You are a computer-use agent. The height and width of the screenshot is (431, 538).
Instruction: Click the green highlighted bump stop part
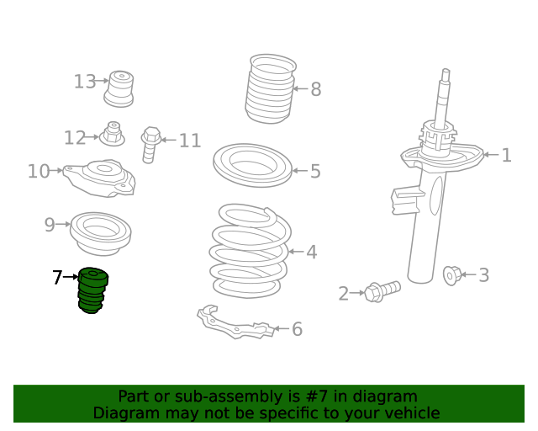tap(92, 290)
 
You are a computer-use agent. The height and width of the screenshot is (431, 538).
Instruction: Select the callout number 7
tap(57, 277)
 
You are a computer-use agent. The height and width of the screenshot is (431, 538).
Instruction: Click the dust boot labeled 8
tap(271, 88)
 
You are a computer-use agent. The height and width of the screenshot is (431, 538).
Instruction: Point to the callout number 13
tap(85, 82)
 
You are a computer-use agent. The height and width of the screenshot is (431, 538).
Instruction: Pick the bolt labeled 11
tap(150, 145)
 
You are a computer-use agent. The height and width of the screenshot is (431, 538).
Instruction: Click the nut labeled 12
tap(112, 134)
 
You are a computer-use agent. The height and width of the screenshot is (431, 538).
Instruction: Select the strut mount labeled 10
tap(99, 178)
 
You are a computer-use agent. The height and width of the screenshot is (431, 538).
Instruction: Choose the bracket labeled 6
tap(236, 322)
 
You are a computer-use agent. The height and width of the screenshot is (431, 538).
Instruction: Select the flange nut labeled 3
tap(451, 275)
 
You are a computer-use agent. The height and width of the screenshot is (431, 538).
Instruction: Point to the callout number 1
tap(506, 156)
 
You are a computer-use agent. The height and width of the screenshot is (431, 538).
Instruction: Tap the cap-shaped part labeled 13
tap(119, 88)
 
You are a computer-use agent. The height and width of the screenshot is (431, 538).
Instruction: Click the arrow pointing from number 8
tap(301, 88)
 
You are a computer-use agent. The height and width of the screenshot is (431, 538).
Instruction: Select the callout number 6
tap(297, 329)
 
